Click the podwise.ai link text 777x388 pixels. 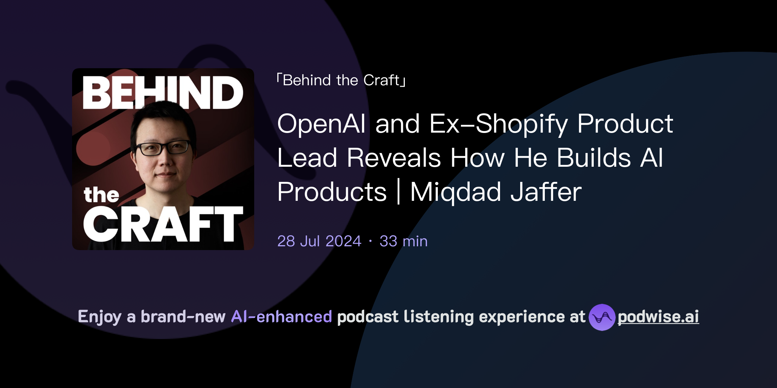pyautogui.click(x=658, y=317)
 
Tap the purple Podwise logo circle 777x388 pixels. pyautogui.click(x=602, y=317)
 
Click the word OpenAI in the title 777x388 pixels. pyautogui.click(x=321, y=124)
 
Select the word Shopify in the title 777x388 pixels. pyautogui.click(x=522, y=124)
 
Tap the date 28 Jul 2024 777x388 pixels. pyautogui.click(x=319, y=241)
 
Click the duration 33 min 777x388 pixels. pyautogui.click(x=403, y=241)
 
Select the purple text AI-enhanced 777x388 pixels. pyautogui.click(x=282, y=317)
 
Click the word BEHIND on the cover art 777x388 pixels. pyautogui.click(x=163, y=92)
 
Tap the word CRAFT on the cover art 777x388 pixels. pyautogui.click(x=163, y=224)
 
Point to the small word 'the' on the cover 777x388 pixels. pyautogui.click(x=101, y=195)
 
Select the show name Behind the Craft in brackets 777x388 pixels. pyautogui.click(x=341, y=80)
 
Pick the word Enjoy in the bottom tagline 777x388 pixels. pyautogui.click(x=99, y=317)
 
